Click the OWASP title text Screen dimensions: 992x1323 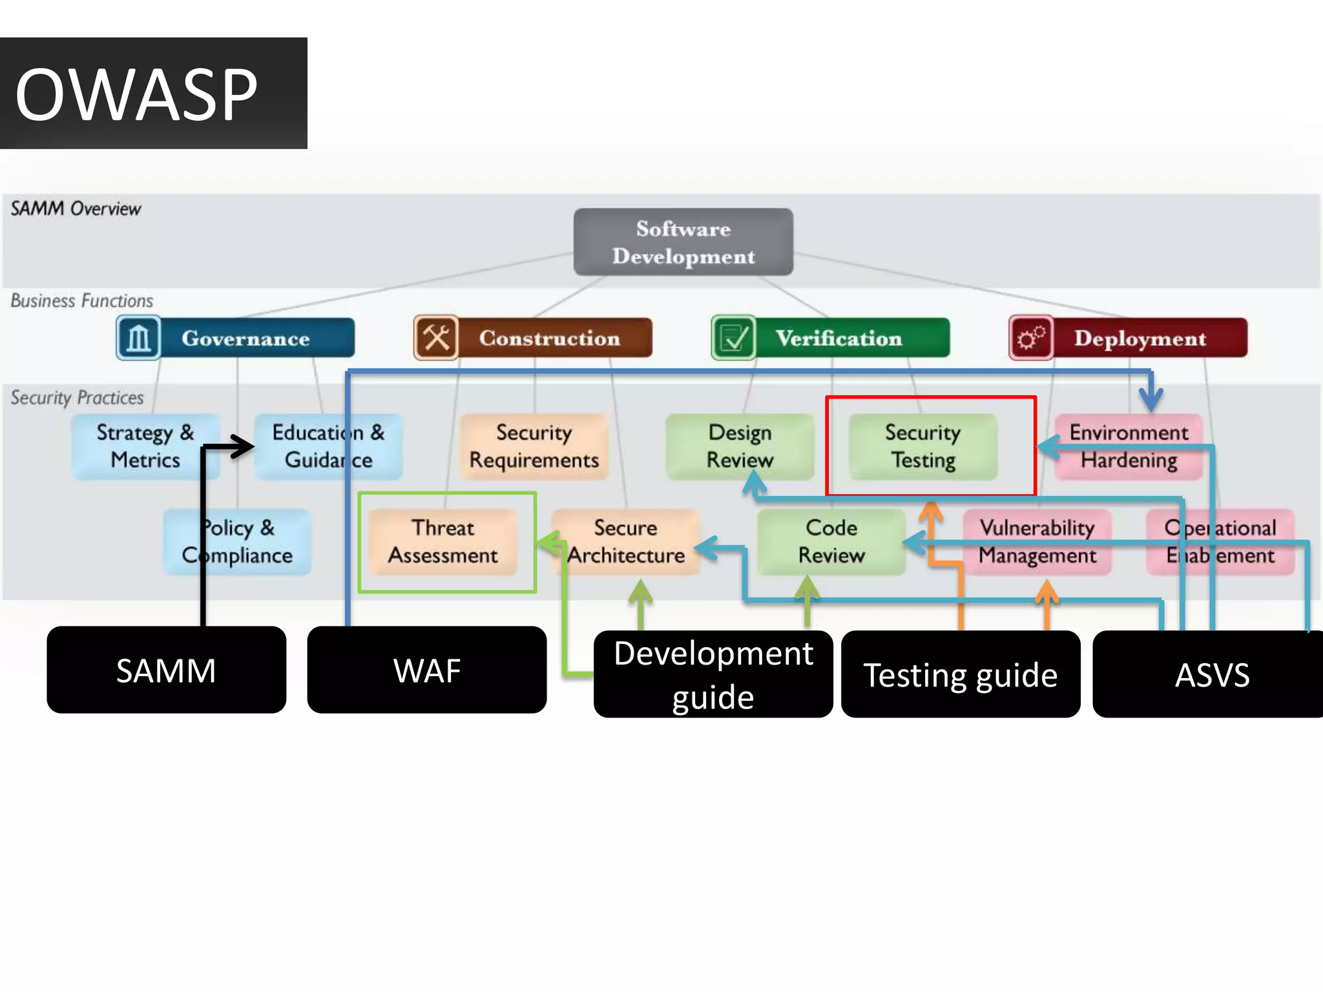point(136,95)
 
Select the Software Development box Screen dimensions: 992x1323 point(683,242)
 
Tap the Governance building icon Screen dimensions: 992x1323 point(138,338)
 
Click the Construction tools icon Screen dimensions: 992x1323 point(436,338)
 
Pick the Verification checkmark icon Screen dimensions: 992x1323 point(733,338)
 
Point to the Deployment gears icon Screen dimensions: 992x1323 point(1031,338)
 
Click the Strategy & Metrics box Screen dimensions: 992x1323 point(145,446)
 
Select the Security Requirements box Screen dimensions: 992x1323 point(534,446)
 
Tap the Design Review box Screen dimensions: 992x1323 point(740,446)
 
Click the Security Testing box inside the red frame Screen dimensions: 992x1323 point(922,446)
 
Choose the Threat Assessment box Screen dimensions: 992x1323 point(443,542)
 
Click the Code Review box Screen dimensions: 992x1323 point(831,542)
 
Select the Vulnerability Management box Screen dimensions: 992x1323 point(1037,542)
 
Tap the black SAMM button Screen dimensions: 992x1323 point(166,670)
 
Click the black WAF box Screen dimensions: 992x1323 point(426,670)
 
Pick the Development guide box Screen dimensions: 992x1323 point(713,674)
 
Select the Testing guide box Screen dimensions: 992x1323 point(960,674)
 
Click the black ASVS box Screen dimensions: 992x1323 point(1211,674)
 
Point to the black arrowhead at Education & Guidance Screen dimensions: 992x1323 point(244,446)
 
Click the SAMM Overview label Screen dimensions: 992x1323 point(76,209)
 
